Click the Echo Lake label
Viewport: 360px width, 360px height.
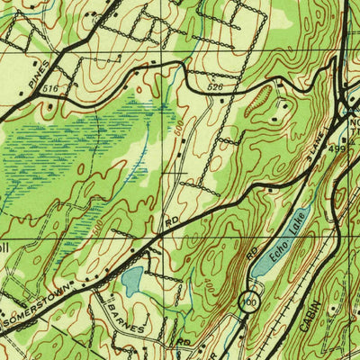coord(291,230)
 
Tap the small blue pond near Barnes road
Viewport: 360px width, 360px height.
coord(131,282)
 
